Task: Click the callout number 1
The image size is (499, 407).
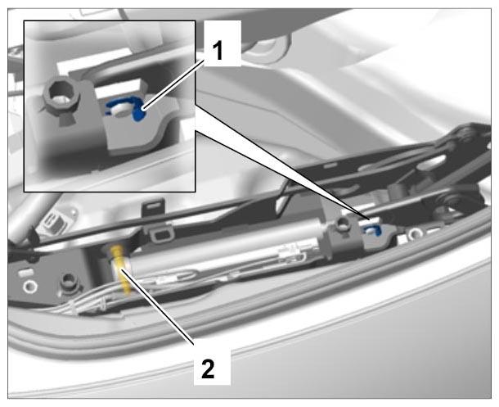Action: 218,51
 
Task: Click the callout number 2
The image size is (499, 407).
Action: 209,369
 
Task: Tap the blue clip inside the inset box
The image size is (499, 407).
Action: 126,108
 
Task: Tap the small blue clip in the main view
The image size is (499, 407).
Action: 373,229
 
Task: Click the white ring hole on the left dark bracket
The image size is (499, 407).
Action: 30,287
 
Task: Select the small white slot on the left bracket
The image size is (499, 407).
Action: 26,272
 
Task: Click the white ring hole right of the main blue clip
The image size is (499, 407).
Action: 416,233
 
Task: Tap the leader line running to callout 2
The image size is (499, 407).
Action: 157,305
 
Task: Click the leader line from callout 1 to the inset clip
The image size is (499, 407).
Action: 173,85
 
